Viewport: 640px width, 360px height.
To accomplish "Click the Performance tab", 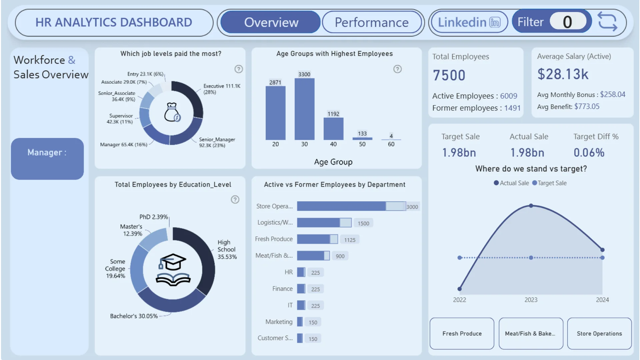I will tap(372, 22).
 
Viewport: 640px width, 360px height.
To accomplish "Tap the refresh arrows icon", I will tap(607, 22).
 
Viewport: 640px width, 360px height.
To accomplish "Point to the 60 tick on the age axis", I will tap(391, 144).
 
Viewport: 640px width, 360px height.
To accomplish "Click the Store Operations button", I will tap(599, 334).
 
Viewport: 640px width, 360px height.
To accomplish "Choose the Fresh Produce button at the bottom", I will tap(462, 334).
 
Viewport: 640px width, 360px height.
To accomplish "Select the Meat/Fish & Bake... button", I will tap(530, 334).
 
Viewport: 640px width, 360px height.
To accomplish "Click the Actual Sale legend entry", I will tap(511, 183).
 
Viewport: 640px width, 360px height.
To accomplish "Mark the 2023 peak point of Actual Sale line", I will tap(531, 206).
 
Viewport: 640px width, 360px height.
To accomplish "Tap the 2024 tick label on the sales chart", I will tap(602, 300).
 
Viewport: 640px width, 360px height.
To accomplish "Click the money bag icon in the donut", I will tap(172, 112).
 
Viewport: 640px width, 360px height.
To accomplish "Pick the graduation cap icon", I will tap(172, 262).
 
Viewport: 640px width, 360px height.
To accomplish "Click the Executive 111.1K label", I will tap(222, 86).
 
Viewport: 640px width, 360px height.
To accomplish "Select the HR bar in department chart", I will tap(301, 272).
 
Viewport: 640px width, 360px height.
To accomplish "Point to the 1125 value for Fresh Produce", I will tap(350, 240).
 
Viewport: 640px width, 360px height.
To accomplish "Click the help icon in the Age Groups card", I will tap(397, 69).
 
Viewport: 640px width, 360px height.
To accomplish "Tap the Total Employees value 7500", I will tap(449, 75).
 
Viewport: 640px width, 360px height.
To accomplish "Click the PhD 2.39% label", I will tap(154, 217).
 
